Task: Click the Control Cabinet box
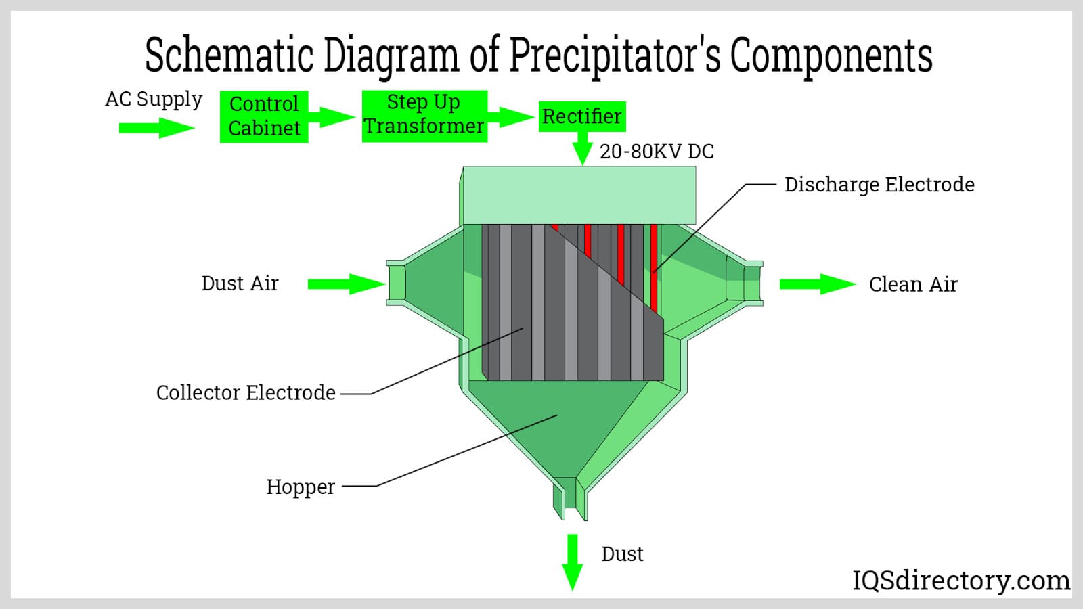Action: pos(264,116)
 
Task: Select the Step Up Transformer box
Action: pos(424,116)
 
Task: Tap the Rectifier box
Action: pos(581,116)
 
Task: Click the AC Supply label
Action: pos(154,99)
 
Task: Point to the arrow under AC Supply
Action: pos(156,127)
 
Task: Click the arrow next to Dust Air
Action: pos(345,284)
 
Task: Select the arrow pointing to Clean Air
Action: pos(817,284)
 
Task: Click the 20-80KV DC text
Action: pos(657,152)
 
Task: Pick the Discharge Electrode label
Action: pos(879,185)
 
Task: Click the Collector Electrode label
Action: pos(246,392)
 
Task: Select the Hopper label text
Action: pos(301,487)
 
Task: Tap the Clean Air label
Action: pos(913,284)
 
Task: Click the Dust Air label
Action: pos(240,284)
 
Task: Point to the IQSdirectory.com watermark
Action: pos(960,580)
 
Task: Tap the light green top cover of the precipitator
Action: pos(579,195)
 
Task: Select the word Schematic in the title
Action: pos(229,55)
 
